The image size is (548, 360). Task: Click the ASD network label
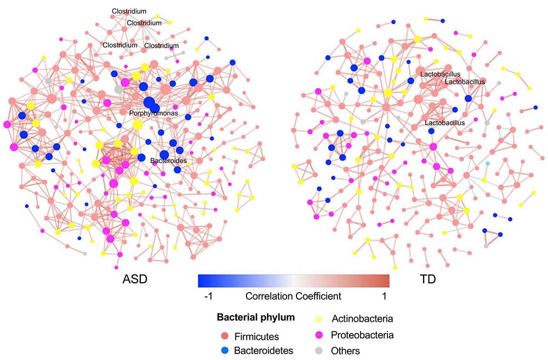(135, 280)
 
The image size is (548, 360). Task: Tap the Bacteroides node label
(169, 162)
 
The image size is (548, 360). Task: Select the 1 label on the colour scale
(385, 296)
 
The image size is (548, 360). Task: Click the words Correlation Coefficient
(293, 296)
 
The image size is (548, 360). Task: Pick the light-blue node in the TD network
(488, 164)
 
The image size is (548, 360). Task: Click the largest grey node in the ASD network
(118, 89)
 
